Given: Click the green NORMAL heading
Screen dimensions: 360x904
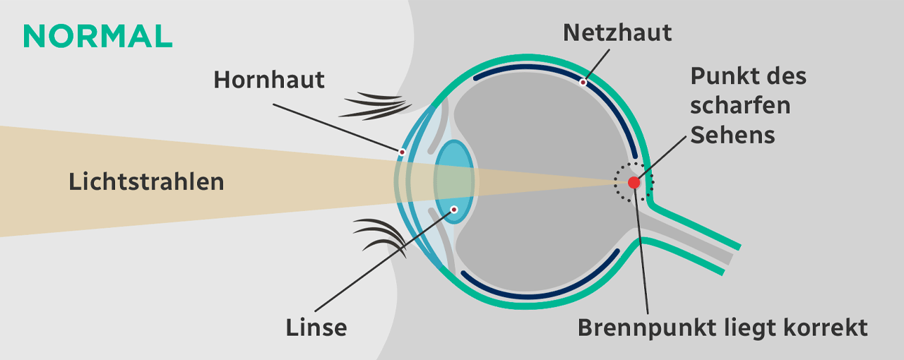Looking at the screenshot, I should (x=97, y=36).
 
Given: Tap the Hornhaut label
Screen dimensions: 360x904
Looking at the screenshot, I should (x=269, y=80).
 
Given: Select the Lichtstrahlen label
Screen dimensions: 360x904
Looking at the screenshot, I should (x=146, y=181).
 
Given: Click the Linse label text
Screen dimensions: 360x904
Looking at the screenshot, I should (x=316, y=328).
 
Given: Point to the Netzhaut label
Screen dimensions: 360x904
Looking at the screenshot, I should (x=617, y=32).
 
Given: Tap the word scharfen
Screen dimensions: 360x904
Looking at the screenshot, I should (x=740, y=105).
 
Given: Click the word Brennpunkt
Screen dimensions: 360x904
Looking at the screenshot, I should (x=638, y=328).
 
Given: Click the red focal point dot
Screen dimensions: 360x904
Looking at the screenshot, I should (x=634, y=182).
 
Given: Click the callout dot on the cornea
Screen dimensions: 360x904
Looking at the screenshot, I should (x=402, y=152).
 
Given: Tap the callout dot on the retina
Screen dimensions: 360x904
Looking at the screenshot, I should (x=583, y=83).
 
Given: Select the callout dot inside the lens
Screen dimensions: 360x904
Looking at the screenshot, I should (x=454, y=208).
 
